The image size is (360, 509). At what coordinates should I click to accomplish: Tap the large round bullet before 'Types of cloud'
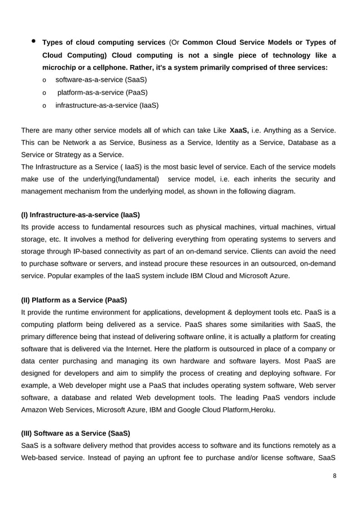[33, 41]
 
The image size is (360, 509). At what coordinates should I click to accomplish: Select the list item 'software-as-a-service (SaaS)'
[97, 80]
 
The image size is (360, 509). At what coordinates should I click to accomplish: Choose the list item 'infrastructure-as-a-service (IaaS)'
[107, 105]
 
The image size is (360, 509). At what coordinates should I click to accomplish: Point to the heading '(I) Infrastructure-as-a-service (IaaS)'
[80, 215]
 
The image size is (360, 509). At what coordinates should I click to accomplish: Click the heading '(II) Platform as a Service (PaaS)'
[73, 300]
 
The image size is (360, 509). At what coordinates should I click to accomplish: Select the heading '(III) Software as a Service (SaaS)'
[75, 433]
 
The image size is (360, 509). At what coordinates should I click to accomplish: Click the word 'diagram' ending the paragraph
[280, 191]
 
